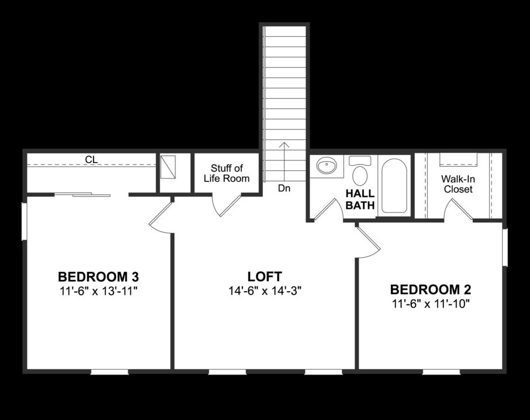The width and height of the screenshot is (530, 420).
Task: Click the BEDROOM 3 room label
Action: tap(98, 276)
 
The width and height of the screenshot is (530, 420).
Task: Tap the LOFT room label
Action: tap(265, 276)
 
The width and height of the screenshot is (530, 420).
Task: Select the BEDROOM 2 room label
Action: tap(431, 289)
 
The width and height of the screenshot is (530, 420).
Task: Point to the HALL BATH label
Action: tap(359, 199)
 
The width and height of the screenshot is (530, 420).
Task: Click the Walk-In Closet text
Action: tap(458, 184)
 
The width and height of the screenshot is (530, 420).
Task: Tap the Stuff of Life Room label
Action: tap(227, 173)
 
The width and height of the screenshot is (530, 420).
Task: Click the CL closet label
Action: tap(91, 159)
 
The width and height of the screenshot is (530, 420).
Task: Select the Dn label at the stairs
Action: tap(284, 188)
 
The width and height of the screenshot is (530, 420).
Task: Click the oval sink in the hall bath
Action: tap(327, 167)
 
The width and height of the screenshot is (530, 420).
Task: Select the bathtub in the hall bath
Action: tap(395, 185)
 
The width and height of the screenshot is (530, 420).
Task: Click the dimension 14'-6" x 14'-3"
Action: tap(265, 290)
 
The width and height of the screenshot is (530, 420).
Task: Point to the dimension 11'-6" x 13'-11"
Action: tap(98, 290)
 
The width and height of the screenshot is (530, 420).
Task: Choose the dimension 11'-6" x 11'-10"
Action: tap(431, 303)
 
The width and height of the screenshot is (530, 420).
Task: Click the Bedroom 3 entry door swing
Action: tap(160, 216)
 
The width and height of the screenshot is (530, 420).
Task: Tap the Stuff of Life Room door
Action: tap(226, 205)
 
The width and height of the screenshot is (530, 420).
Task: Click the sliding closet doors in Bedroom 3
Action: tap(82, 194)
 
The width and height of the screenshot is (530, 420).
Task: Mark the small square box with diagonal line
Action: tap(171, 167)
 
